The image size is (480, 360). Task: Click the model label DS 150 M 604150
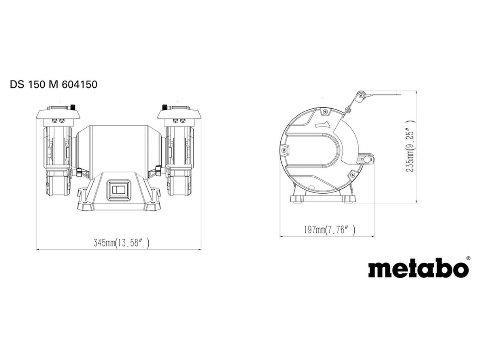click(x=54, y=84)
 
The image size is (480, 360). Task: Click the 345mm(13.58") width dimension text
click(x=121, y=243)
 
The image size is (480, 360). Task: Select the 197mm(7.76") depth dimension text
click(x=330, y=230)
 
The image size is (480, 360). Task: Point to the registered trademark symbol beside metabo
click(x=468, y=258)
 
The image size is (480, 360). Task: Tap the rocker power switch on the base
click(x=119, y=190)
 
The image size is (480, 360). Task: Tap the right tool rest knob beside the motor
click(x=159, y=171)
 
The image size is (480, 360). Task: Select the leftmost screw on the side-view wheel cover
click(x=284, y=150)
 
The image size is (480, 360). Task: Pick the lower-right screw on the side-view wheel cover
click(x=352, y=174)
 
